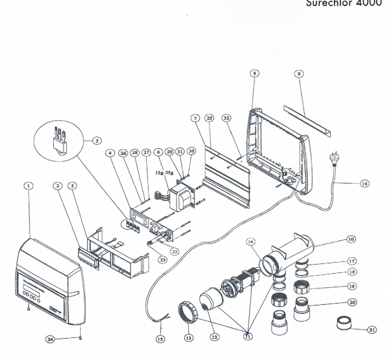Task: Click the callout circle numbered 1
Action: tap(28, 185)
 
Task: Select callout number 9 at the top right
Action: tap(298, 74)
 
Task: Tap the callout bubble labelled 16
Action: tap(365, 183)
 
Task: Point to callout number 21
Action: tap(372, 330)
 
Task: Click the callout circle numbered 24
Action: tap(50, 337)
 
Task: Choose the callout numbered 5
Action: tap(97, 140)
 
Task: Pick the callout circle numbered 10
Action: tap(350, 239)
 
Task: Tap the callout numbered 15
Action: tap(160, 339)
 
